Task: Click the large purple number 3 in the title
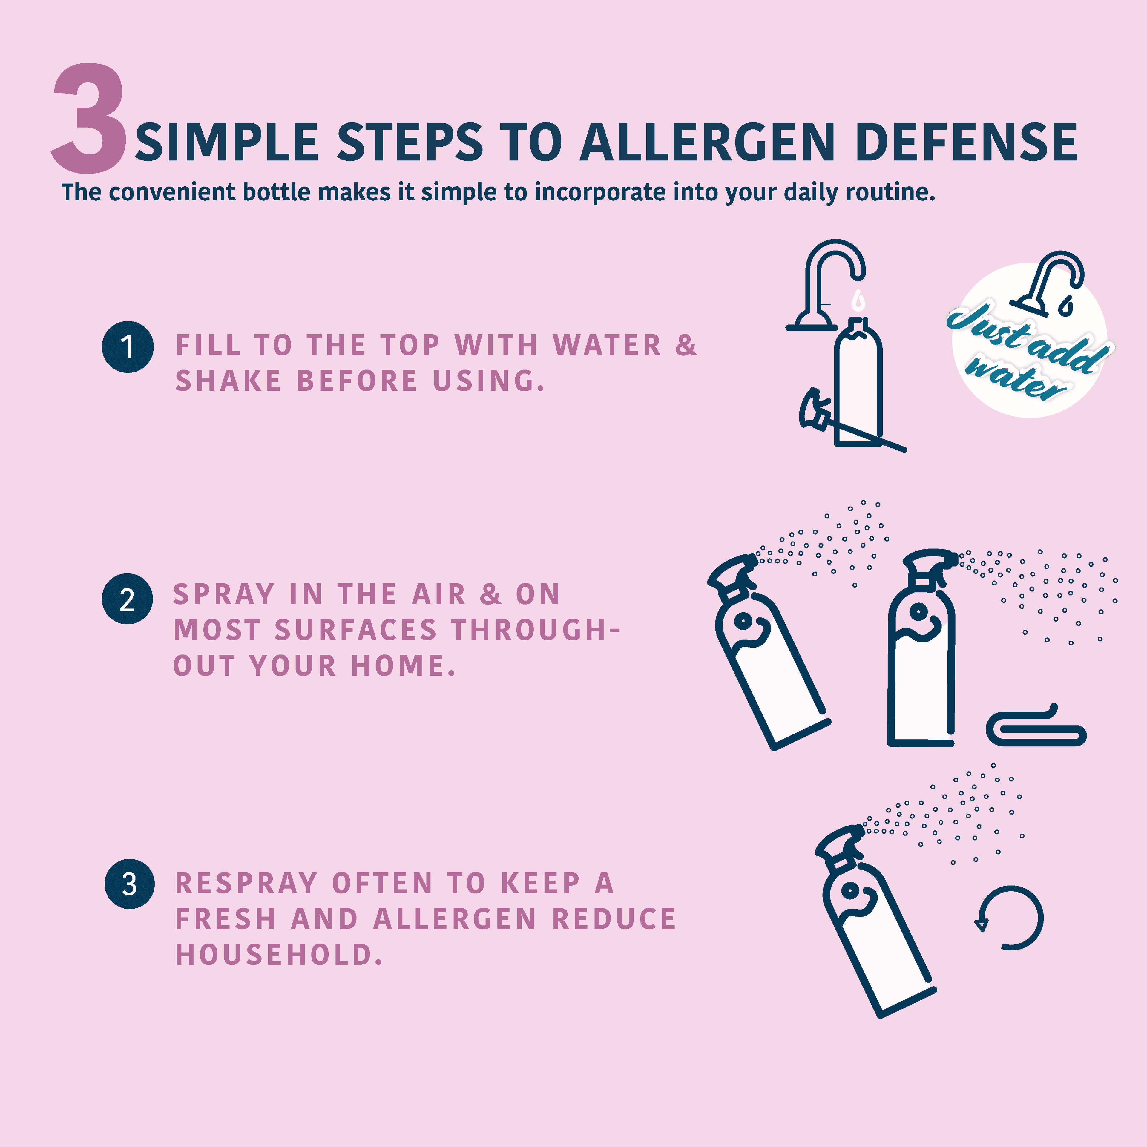coord(89,119)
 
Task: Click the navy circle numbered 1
coord(128,347)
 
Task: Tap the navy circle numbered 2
coord(128,599)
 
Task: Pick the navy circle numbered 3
coord(129,884)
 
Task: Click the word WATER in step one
coord(607,346)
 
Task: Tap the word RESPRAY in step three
coord(246,884)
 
